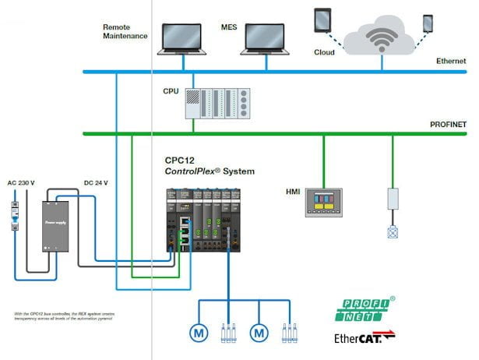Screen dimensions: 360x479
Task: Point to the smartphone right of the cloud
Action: tap(427, 23)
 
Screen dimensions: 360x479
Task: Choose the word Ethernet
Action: tap(451, 61)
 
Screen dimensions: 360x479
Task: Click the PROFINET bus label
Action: tap(449, 125)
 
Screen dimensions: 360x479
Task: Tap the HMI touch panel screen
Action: tap(323, 199)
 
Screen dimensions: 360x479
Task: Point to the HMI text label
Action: tap(294, 191)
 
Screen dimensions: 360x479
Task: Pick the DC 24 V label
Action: tap(97, 183)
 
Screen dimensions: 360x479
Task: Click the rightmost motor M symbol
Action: tap(258, 332)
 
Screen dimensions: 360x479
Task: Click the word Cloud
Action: tap(324, 53)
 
